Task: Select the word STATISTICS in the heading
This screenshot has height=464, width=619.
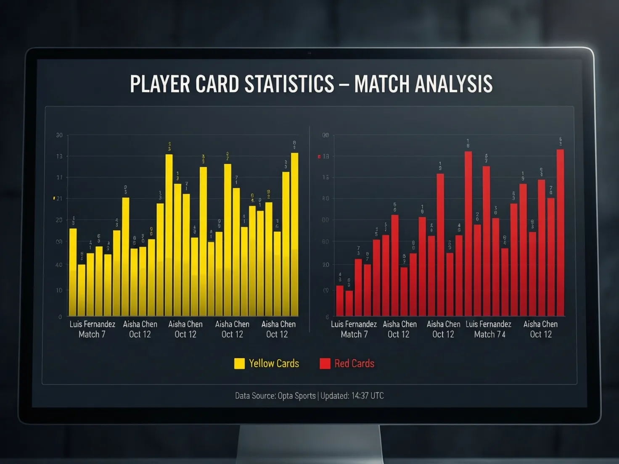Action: point(289,84)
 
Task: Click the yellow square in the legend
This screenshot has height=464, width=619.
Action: point(239,364)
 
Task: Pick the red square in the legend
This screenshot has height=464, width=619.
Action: point(325,364)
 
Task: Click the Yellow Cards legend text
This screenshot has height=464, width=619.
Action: point(274,364)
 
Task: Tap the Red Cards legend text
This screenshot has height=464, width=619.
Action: point(354,364)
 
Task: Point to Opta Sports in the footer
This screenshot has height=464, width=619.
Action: point(296,396)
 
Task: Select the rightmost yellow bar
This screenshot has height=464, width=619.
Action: point(294,235)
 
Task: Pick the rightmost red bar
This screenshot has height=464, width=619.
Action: point(560,233)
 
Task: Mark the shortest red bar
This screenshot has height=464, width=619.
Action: point(349,303)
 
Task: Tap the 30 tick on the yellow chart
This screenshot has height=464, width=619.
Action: point(59,135)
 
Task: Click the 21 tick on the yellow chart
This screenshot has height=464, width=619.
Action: point(59,199)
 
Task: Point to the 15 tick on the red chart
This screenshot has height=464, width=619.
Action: point(326,178)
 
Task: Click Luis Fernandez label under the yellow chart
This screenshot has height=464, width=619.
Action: point(92,324)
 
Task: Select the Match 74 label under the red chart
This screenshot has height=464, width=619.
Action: point(490,335)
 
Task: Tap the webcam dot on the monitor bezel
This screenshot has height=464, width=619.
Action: point(309,53)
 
